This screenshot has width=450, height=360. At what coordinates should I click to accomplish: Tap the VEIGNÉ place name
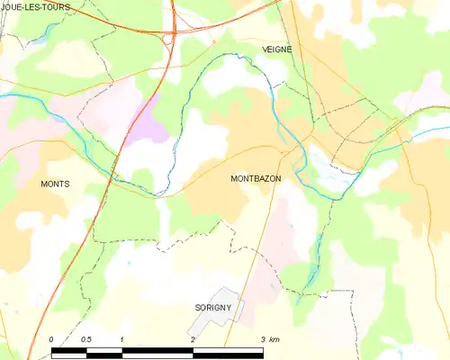click(x=277, y=50)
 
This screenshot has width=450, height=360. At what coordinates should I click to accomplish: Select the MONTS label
click(x=55, y=184)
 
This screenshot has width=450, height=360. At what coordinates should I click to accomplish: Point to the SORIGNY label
click(x=214, y=308)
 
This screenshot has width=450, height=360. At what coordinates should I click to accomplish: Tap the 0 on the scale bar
click(x=51, y=339)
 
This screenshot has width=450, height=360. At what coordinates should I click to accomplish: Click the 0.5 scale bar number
click(x=85, y=339)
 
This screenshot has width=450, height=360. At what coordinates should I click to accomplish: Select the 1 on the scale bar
click(x=121, y=339)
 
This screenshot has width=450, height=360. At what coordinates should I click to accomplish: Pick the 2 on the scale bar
click(x=193, y=339)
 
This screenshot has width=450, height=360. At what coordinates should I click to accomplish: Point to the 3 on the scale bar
click(x=262, y=339)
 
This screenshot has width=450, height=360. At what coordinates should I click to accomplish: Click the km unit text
click(x=275, y=339)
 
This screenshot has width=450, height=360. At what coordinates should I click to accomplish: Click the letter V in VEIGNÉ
click(x=265, y=50)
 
